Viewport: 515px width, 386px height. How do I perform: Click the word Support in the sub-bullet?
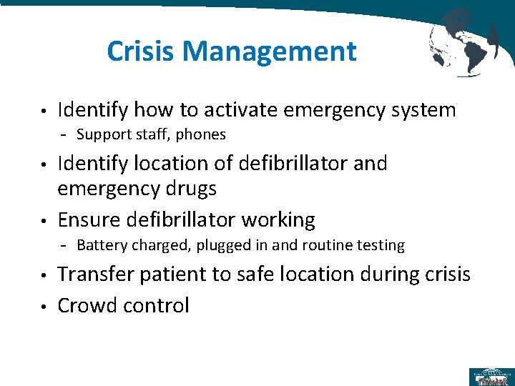click(x=102, y=134)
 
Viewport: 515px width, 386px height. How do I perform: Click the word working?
click(x=278, y=220)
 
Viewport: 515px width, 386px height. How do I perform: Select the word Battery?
click(x=99, y=246)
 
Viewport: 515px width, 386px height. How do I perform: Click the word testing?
click(x=379, y=246)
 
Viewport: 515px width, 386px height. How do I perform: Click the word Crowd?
click(x=87, y=306)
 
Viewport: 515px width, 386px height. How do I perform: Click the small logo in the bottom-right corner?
click(x=490, y=376)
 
